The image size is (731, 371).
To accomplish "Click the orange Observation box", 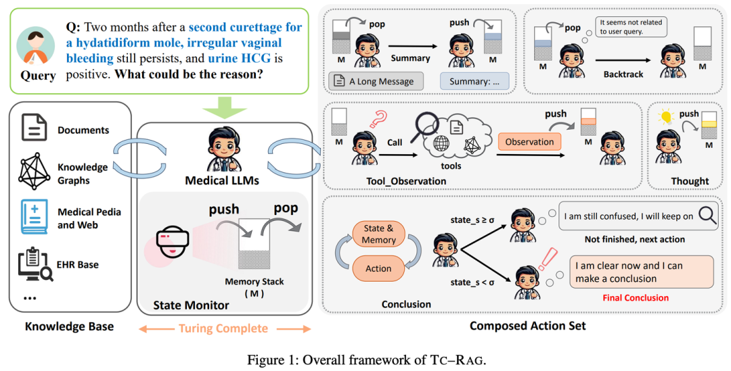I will point(529,141).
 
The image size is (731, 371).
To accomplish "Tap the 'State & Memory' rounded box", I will point(378,234).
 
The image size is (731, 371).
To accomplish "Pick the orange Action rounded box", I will point(378,268).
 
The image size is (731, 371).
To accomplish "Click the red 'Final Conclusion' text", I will point(636,297).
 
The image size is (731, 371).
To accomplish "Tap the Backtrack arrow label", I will point(622,74).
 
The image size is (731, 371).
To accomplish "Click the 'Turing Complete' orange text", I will point(223,328).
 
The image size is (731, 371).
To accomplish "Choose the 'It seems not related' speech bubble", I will point(631,27).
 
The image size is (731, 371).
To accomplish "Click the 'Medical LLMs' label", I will point(223,180).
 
